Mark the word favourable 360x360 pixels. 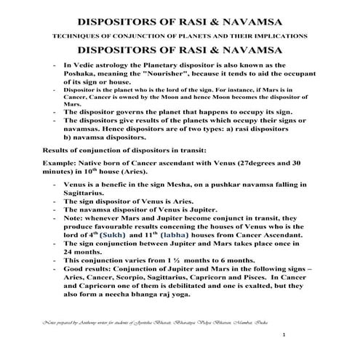click(120, 226)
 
